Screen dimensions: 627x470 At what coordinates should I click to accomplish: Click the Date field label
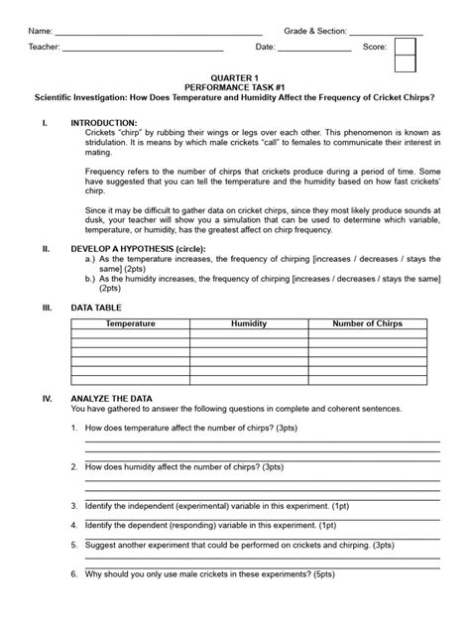[265, 47]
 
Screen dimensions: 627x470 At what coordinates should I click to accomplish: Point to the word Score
[375, 47]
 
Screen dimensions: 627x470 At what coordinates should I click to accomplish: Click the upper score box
[406, 47]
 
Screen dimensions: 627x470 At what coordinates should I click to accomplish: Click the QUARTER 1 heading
[235, 77]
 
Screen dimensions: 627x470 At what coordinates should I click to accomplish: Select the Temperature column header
[131, 324]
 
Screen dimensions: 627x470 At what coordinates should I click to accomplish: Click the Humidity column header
[249, 324]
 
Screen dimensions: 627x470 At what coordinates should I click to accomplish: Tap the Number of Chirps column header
[368, 324]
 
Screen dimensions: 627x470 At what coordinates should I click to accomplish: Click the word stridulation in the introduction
[111, 142]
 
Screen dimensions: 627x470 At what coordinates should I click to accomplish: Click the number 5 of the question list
[74, 545]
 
